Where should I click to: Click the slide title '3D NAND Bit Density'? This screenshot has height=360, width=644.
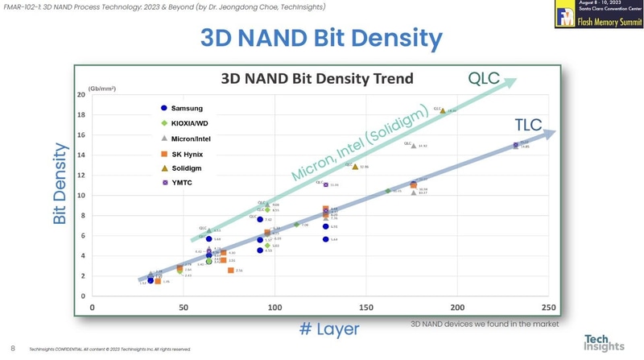click(x=321, y=38)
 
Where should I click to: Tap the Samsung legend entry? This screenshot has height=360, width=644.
click(x=181, y=109)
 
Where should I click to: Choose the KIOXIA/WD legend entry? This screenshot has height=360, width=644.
click(x=186, y=123)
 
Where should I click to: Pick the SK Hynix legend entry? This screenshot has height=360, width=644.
click(x=184, y=153)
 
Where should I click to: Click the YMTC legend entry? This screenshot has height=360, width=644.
click(x=178, y=183)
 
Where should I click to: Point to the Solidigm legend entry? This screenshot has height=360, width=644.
click(x=182, y=168)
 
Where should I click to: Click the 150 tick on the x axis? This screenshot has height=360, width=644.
click(x=366, y=308)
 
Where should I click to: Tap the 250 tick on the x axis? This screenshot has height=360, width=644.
click(x=549, y=308)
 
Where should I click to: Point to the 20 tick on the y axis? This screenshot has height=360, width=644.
click(x=82, y=95)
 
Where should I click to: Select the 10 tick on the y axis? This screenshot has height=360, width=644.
click(x=82, y=196)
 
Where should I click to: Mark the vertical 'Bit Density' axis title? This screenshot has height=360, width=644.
click(x=60, y=184)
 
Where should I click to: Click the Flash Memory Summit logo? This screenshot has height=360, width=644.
click(x=598, y=14)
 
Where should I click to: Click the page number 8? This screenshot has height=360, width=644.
click(x=13, y=349)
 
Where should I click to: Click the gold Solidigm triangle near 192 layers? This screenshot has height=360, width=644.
click(x=443, y=110)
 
